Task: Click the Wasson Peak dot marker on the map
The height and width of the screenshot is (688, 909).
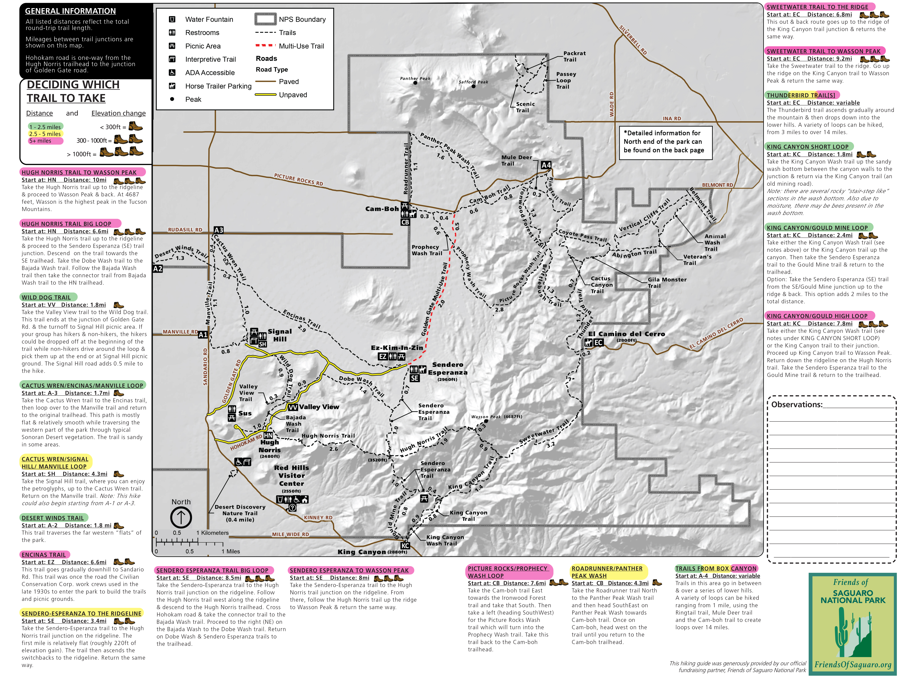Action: [486, 421]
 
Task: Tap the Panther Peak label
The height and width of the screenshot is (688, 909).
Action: [415, 78]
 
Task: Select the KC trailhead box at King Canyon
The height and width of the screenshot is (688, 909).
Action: [405, 545]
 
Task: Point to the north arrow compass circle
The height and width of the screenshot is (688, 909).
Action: [181, 517]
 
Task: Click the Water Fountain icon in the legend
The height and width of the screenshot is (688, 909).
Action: [172, 19]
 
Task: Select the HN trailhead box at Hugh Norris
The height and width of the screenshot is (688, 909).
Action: [268, 435]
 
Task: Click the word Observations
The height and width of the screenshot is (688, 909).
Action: [796, 405]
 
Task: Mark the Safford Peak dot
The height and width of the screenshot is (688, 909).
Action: [473, 86]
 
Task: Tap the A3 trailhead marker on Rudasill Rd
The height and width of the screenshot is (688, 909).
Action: [219, 230]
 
